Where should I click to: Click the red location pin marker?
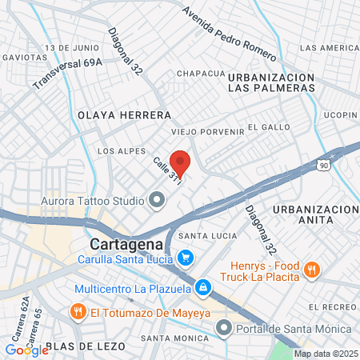coord(180,163)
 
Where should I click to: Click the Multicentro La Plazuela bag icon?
coord(204,286)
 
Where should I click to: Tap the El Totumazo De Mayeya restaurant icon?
coord(78,311)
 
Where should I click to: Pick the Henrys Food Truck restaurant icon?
coord(313,271)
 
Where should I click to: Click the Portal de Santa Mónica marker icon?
coord(223,329)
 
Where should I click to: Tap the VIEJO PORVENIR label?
coord(208,131)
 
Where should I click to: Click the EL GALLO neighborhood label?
coord(263,126)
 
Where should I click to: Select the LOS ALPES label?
coord(122,150)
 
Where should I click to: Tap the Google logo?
coord(26,349)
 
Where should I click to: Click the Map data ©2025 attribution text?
coord(324,354)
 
